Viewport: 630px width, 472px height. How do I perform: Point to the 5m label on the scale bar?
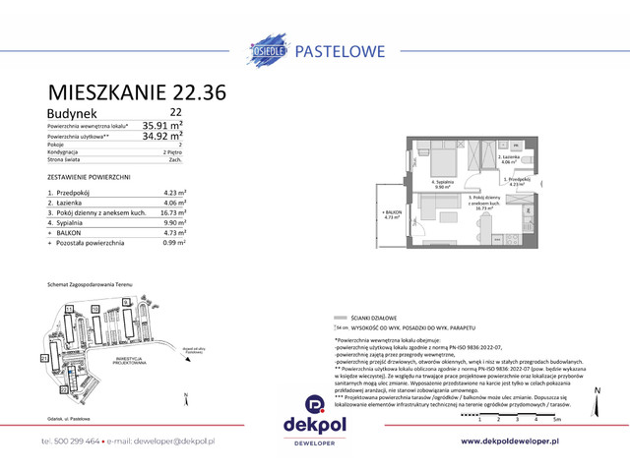pyautogui.click(x=557, y=419)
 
